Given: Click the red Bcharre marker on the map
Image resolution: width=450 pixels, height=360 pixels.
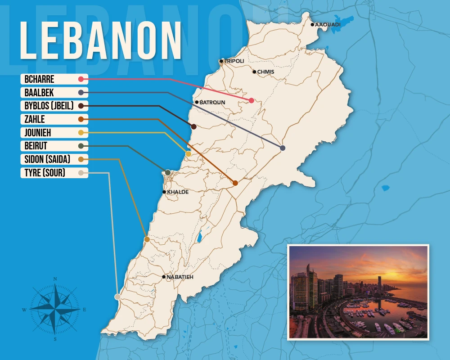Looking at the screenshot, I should tap(252, 100).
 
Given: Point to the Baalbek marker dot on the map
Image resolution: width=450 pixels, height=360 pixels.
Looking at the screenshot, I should tap(283, 148).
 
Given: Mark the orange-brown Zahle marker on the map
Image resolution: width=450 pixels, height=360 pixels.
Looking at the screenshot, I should tap(235, 183).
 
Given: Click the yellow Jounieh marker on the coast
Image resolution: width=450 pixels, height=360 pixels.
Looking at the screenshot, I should tap(189, 154).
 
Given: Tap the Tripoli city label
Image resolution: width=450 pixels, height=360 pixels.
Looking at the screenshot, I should tap(234, 61).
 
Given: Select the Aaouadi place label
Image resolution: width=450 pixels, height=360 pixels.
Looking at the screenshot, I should tap(328, 24).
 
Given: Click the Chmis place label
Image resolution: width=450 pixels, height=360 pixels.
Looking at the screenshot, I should tap(265, 72).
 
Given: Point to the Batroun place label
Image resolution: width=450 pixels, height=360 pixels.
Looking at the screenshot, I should tap(212, 103).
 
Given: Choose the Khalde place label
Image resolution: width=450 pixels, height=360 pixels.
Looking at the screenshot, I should tap(178, 192).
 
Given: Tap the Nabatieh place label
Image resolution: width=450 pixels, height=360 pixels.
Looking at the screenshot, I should tap(180, 277).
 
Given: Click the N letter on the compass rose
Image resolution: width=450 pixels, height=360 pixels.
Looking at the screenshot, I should tap(55, 279).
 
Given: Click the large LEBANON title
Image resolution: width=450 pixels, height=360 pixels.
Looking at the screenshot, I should tap(100, 40).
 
